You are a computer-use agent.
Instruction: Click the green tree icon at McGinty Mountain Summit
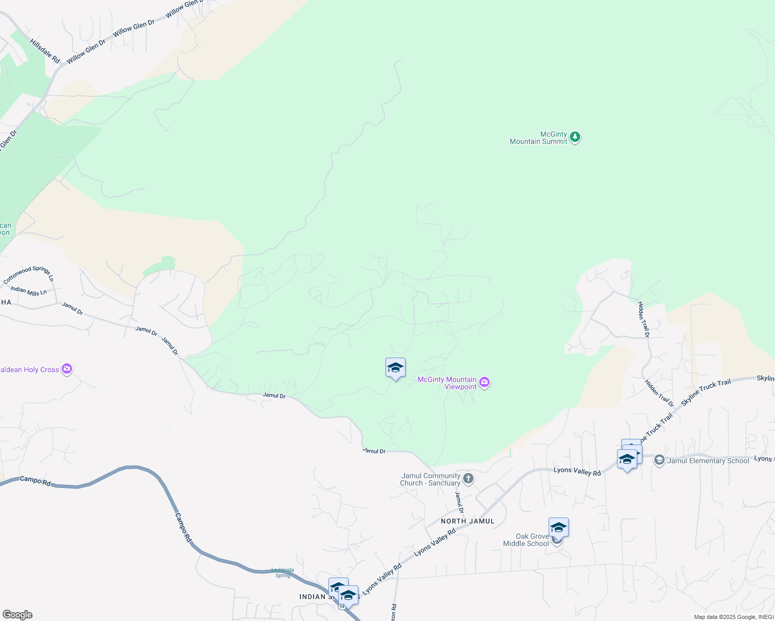tap(575, 137)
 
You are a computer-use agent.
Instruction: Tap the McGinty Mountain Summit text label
tap(539, 138)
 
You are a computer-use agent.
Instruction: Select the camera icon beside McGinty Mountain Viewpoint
tap(484, 382)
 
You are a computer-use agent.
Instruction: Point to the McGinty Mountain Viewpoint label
tap(447, 383)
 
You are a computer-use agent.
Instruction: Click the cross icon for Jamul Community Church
tap(468, 479)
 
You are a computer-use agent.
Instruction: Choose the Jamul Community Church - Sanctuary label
tap(430, 479)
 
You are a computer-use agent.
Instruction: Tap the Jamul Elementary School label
tap(708, 461)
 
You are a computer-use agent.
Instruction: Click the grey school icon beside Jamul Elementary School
tap(659, 460)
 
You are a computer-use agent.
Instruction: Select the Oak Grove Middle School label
tap(526, 540)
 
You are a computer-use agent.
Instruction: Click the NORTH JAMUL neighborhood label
tap(468, 521)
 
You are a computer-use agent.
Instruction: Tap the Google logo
tap(17, 615)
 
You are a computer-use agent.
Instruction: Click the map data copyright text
tap(734, 617)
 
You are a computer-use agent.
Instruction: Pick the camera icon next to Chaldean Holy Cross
tap(67, 369)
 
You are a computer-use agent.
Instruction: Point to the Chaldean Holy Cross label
tap(29, 369)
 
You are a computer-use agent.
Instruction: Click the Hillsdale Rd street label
tap(45, 51)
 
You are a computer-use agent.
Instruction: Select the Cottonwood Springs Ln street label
tap(28, 274)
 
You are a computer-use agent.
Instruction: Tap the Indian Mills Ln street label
tap(28, 291)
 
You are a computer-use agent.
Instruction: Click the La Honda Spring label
tap(283, 572)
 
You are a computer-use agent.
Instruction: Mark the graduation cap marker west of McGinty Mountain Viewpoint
tap(395, 368)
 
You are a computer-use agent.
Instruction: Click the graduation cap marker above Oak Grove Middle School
tap(558, 528)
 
